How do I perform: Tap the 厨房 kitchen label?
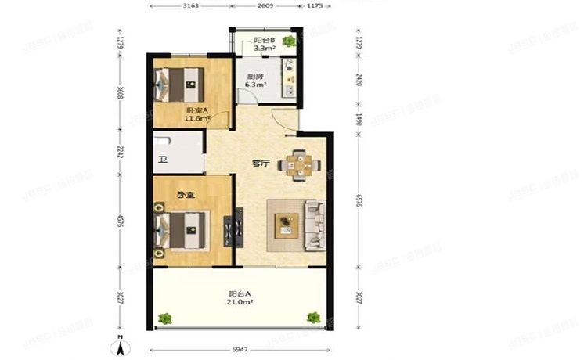[252, 77]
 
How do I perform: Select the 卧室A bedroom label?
[196, 111]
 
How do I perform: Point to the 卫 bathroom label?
[163, 161]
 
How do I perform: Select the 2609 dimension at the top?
[265, 6]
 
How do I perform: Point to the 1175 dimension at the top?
[315, 6]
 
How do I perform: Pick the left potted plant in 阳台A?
[165, 318]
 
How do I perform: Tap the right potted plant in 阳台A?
[313, 317]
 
